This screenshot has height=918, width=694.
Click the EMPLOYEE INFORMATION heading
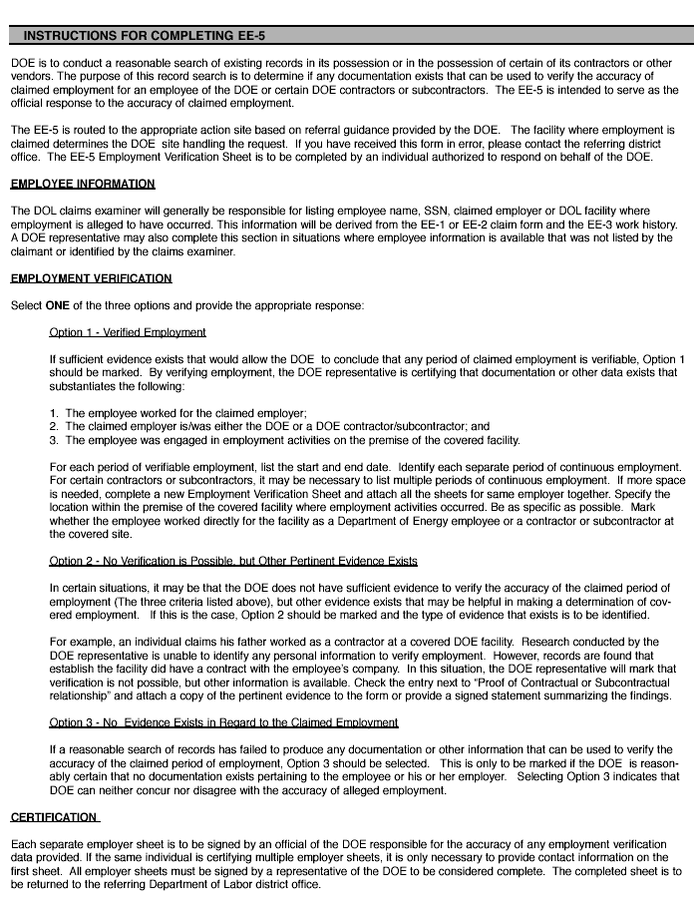click(x=83, y=184)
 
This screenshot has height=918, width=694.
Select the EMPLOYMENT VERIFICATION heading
click(x=91, y=278)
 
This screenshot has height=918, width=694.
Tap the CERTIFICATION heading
click(x=55, y=817)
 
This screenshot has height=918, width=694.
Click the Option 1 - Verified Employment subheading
click(x=128, y=331)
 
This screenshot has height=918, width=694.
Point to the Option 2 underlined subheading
click(x=233, y=562)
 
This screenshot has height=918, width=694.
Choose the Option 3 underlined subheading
click(x=223, y=722)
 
